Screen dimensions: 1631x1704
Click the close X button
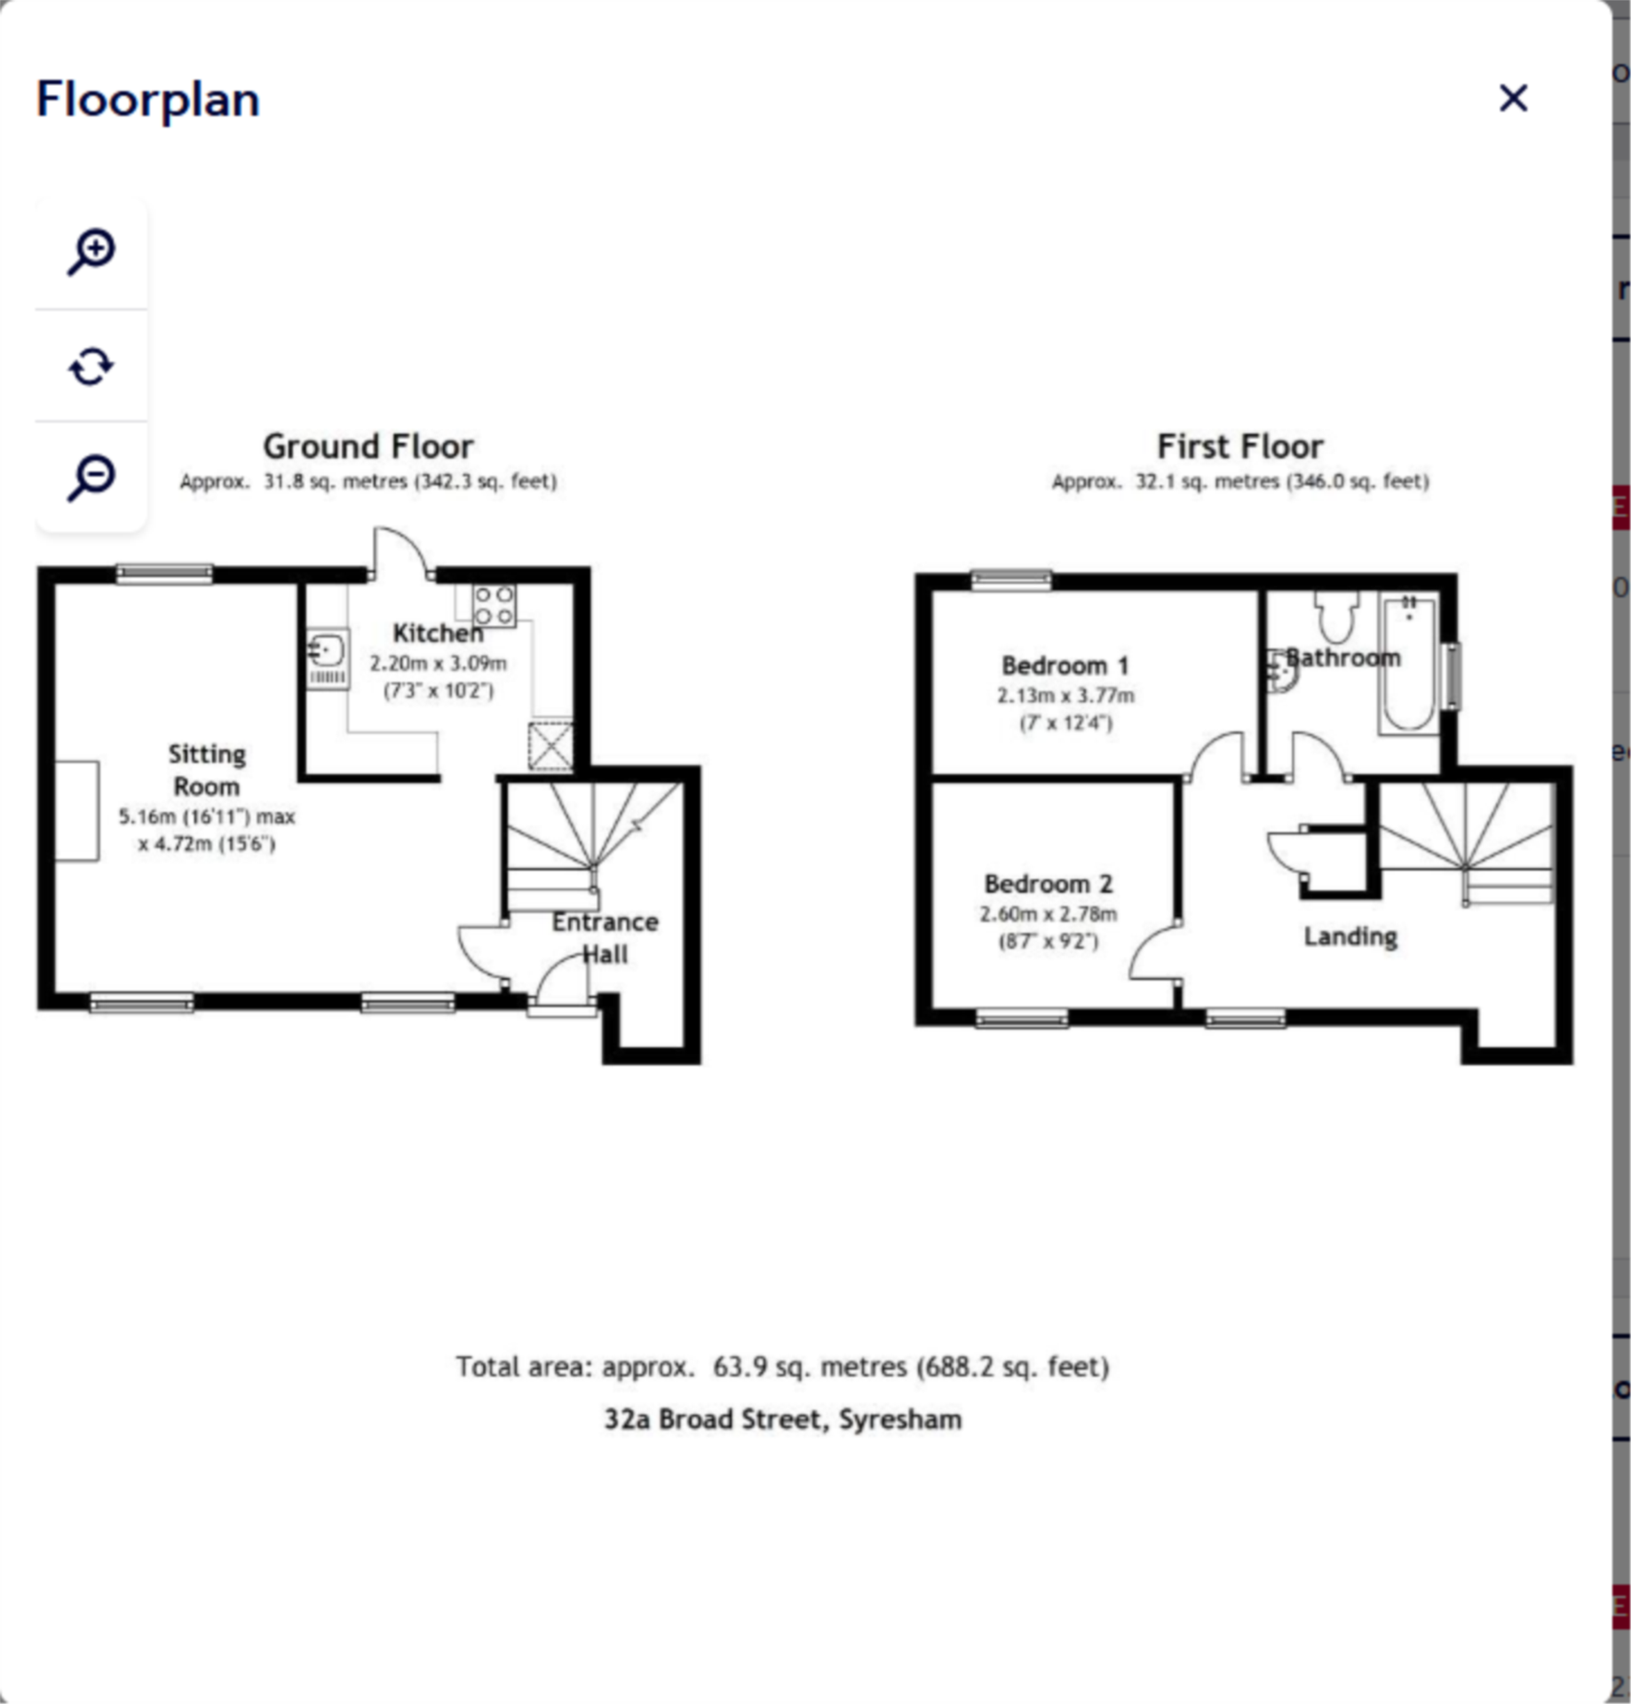tap(1513, 98)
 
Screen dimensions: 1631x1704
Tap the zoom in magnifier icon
tap(91, 252)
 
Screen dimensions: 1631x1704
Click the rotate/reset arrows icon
tap(91, 366)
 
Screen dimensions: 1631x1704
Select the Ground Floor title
tap(368, 446)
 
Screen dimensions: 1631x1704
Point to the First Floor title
tap(1240, 446)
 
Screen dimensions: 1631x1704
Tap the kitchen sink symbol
tap(328, 659)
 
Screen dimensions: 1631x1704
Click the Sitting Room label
tap(207, 769)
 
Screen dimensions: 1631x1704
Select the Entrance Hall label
tap(605, 937)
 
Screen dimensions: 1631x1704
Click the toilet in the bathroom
tap(1337, 615)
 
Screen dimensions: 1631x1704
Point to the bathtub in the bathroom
tap(1408, 663)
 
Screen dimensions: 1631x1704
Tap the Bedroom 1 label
tap(1065, 665)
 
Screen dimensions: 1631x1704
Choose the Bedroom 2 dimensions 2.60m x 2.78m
tap(1048, 913)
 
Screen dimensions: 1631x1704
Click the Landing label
tap(1350, 937)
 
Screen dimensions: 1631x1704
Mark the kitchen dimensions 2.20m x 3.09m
tap(438, 663)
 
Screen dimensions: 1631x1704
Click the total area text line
tap(782, 1367)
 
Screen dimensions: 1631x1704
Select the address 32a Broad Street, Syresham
tap(782, 1419)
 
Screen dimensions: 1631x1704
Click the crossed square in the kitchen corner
tap(550, 746)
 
